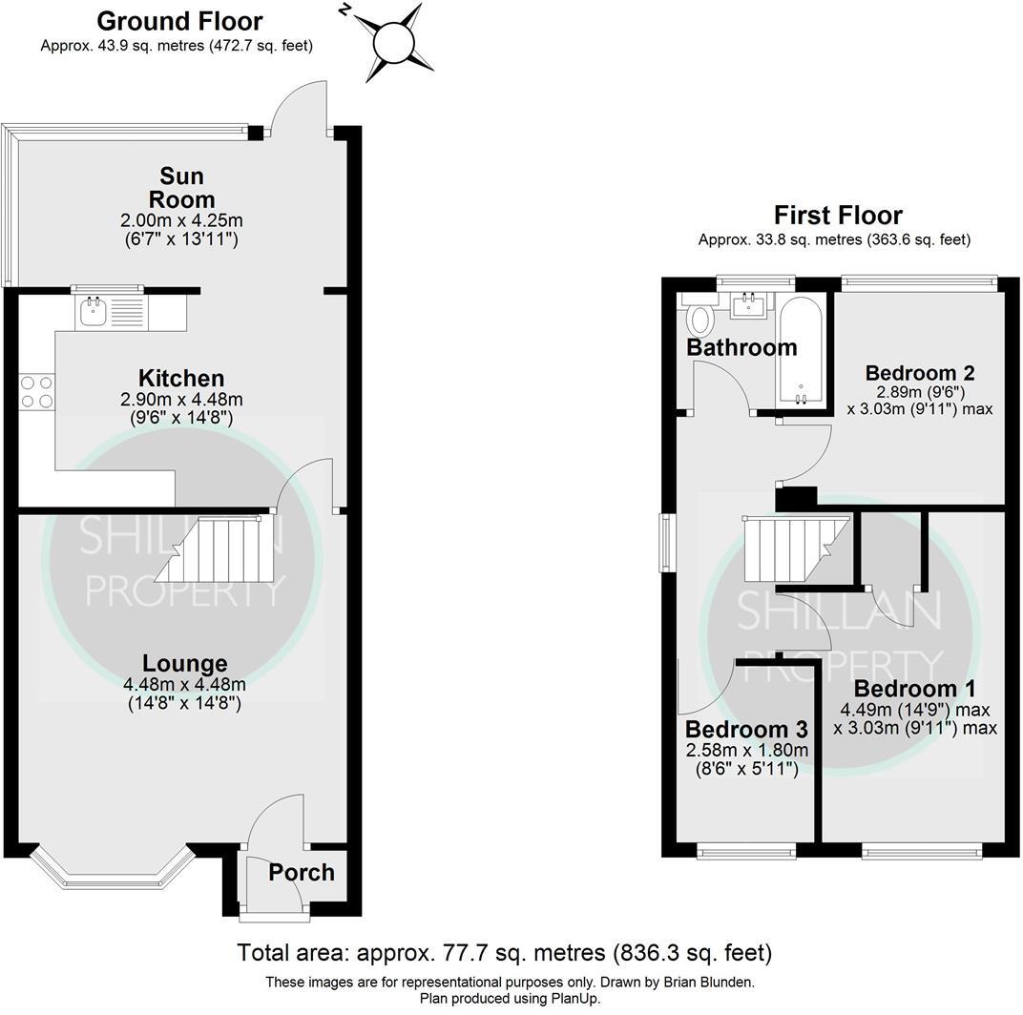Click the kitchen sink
[94, 310]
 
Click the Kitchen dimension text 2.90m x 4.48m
[180, 399]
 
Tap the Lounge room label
[185, 663]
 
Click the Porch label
[302, 872]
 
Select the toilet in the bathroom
[701, 317]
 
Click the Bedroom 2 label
[920, 372]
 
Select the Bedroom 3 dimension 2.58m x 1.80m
[747, 750]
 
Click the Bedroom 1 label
[914, 689]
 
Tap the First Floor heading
[837, 216]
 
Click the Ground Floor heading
[179, 21]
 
